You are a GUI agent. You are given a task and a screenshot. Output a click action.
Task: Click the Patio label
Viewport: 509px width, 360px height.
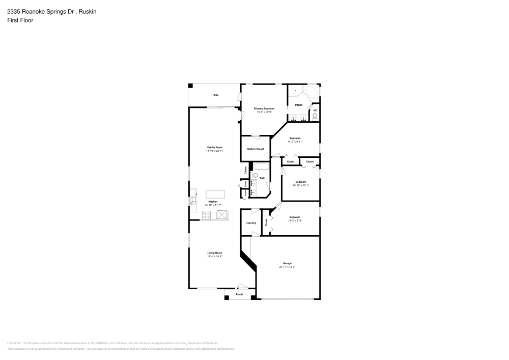pos(215,95)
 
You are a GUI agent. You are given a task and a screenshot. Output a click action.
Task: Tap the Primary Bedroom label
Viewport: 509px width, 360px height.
pos(264,108)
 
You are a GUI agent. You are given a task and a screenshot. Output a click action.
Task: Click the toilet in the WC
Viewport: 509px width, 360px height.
pos(315,117)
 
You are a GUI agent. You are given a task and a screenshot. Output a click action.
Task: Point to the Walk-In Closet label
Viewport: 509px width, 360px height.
pos(256,149)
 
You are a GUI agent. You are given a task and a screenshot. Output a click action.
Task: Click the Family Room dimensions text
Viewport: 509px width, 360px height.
pos(215,151)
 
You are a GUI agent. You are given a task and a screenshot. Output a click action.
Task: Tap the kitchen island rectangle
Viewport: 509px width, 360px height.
pos(215,194)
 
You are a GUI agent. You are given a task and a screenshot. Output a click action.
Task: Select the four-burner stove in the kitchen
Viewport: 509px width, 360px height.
pos(207,215)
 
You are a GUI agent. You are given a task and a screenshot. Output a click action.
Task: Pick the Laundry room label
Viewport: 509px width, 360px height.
pos(251,223)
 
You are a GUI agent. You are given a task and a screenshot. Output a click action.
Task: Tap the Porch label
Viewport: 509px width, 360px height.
pos(239,294)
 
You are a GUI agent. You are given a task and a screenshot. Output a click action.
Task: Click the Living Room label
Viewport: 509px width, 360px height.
pos(215,253)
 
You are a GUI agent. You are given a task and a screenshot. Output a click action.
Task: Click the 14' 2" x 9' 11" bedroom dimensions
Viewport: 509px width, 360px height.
pos(295,142)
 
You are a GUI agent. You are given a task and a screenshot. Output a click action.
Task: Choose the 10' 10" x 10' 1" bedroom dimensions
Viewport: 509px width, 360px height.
pos(301,185)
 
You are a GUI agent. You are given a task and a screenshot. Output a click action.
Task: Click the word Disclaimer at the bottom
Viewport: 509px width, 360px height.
pos(14,343)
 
